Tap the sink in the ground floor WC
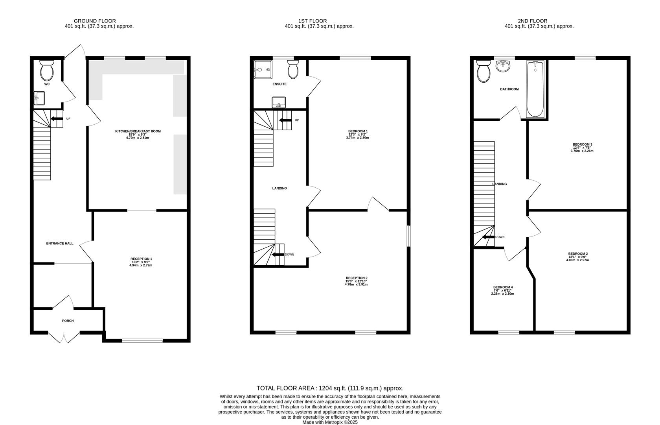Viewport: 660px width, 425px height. [x=39, y=98]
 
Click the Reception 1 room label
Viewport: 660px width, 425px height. [x=141, y=259]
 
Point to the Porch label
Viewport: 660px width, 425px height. [x=68, y=321]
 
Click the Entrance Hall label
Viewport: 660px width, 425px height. [x=60, y=244]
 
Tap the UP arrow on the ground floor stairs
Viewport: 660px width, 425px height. [x=57, y=118]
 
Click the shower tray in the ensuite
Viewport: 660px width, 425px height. [x=262, y=70]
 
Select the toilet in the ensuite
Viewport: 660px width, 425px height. [x=293, y=70]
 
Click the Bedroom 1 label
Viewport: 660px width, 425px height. [x=358, y=131]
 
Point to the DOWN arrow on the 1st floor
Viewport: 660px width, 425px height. [x=279, y=255]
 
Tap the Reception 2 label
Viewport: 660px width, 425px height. [x=356, y=278]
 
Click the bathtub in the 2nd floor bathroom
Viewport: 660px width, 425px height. [x=535, y=89]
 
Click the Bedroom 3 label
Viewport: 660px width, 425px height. [x=582, y=144]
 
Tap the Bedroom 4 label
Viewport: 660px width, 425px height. [x=503, y=287]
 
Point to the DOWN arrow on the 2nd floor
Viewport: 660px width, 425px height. [x=489, y=237]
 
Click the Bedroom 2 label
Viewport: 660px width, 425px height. [x=578, y=254]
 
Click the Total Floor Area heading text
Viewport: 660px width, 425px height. [x=330, y=388]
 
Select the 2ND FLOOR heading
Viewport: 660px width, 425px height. [x=532, y=21]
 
